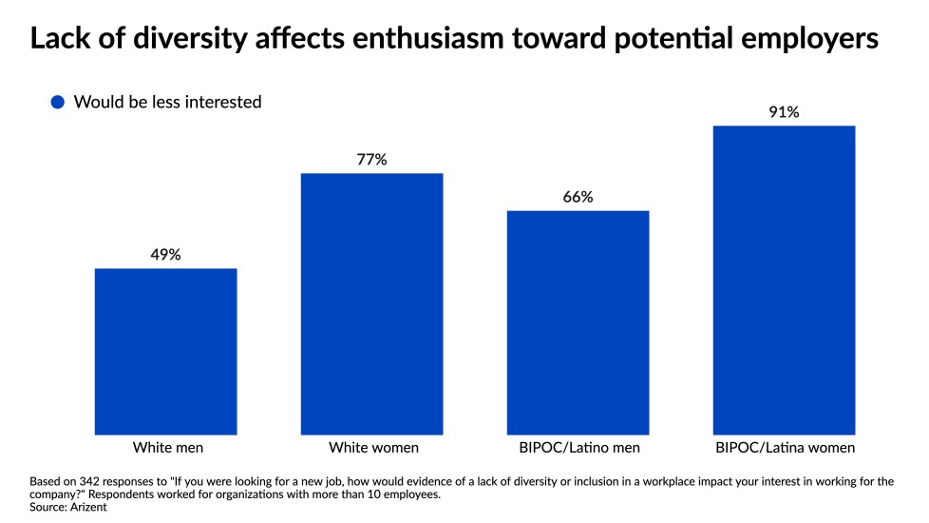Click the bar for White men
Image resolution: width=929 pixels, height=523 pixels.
[x=165, y=352]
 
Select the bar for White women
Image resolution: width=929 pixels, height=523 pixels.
[x=371, y=304]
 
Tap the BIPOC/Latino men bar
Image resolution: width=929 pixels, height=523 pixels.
[x=578, y=323]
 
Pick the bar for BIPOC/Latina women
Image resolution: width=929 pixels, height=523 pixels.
[x=784, y=281]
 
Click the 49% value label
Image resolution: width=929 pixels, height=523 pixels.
[x=165, y=254]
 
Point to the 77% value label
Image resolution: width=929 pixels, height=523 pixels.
[x=371, y=159]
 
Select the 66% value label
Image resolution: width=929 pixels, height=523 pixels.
[x=578, y=197]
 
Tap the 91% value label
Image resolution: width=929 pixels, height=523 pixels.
[x=784, y=112]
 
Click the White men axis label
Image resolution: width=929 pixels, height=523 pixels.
[x=165, y=447]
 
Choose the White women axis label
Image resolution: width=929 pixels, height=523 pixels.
[x=371, y=447]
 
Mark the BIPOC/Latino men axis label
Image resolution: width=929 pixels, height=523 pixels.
[x=578, y=447]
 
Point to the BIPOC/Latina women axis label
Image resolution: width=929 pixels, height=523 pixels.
[x=784, y=447]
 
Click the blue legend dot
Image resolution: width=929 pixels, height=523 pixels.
[x=58, y=102]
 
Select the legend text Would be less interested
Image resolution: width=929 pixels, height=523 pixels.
[x=167, y=102]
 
